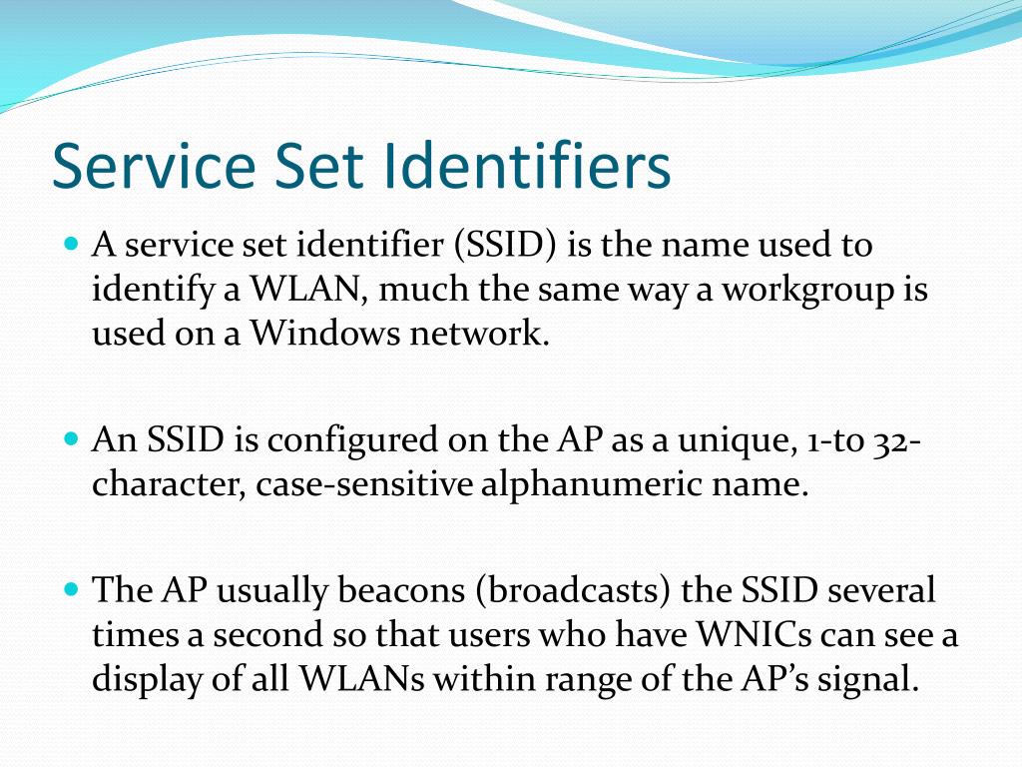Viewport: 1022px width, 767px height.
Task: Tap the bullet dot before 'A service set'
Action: [70, 244]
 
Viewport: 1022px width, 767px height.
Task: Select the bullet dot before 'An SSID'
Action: [70, 438]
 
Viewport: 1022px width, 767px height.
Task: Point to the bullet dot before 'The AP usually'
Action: [70, 590]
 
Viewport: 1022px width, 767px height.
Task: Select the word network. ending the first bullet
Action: [480, 334]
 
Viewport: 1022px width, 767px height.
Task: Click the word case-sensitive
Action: [364, 484]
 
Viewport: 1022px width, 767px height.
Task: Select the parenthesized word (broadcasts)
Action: [573, 591]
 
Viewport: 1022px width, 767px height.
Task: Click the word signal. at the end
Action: [865, 679]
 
